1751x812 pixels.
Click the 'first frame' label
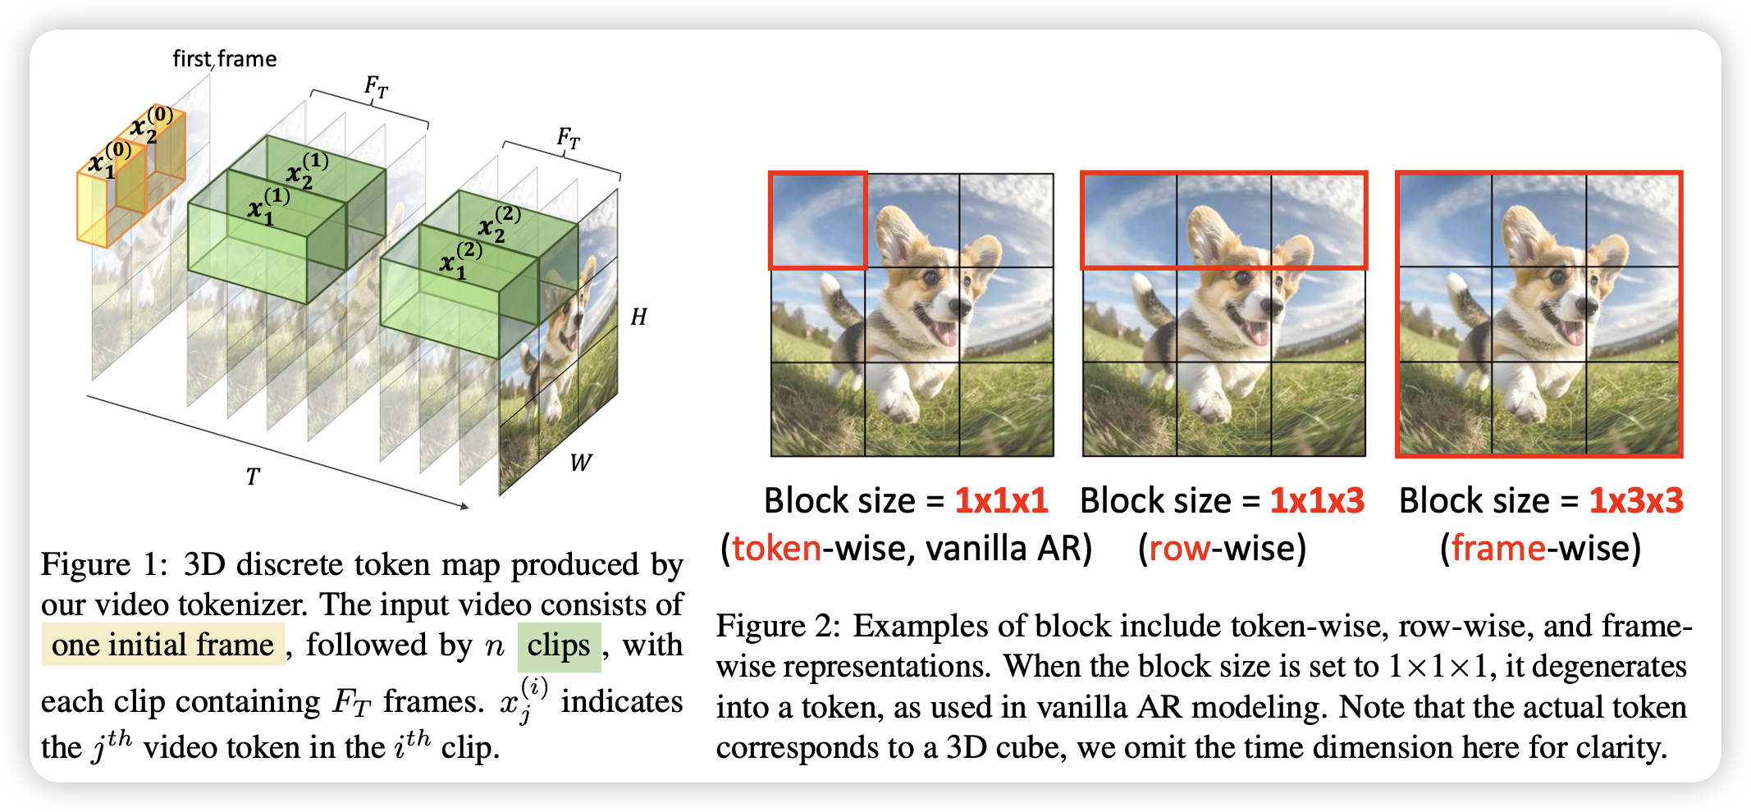tap(224, 59)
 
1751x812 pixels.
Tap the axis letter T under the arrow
tap(253, 477)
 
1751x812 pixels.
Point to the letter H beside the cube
tap(638, 317)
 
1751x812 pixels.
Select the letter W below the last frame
tap(580, 463)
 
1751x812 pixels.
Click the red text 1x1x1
tap(1001, 500)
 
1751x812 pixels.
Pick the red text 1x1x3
tap(1317, 500)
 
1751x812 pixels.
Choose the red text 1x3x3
tap(1636, 500)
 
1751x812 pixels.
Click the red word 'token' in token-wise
tap(776, 548)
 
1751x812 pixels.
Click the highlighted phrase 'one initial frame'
tap(163, 645)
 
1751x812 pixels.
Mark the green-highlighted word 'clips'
tap(559, 645)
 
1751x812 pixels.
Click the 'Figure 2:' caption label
tap(779, 626)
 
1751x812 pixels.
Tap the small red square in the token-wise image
tap(818, 220)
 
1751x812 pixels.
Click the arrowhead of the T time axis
tap(465, 507)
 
